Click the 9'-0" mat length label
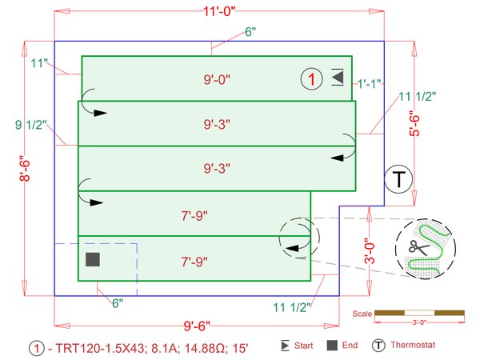217,79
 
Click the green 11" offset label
40,62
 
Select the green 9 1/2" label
31,125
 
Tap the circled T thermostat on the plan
398,179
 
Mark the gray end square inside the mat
93,259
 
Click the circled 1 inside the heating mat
311,78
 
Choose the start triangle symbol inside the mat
338,78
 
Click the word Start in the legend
303,346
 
